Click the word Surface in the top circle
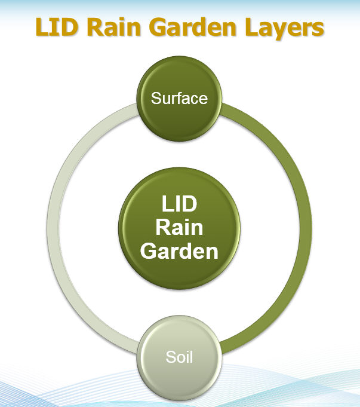tap(179, 98)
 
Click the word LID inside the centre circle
tap(179, 204)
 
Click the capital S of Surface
tap(156, 98)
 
